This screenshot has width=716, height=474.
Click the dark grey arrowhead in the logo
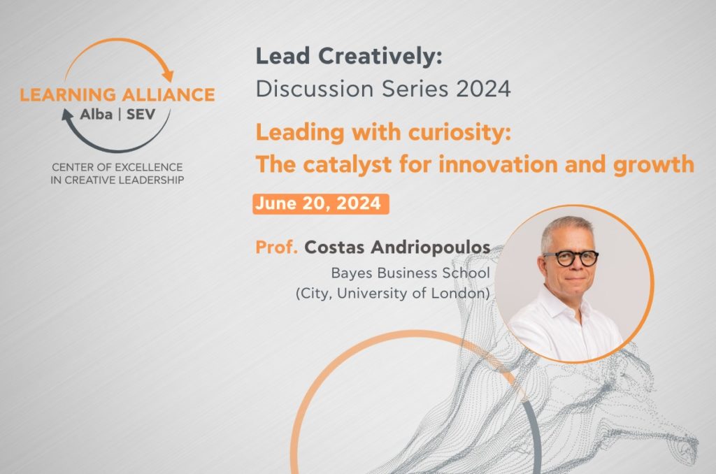67,115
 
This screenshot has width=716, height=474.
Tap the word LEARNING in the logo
68,94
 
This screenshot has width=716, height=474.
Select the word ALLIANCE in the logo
169,94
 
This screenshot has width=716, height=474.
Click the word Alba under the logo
96,114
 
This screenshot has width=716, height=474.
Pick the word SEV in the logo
141,114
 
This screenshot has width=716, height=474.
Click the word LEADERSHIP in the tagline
151,180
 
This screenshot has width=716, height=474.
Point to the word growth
653,165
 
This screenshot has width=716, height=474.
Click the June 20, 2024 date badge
320,203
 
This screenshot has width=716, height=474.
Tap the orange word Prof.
276,247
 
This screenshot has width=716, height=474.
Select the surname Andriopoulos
430,247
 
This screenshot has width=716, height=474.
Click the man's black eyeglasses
571,258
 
